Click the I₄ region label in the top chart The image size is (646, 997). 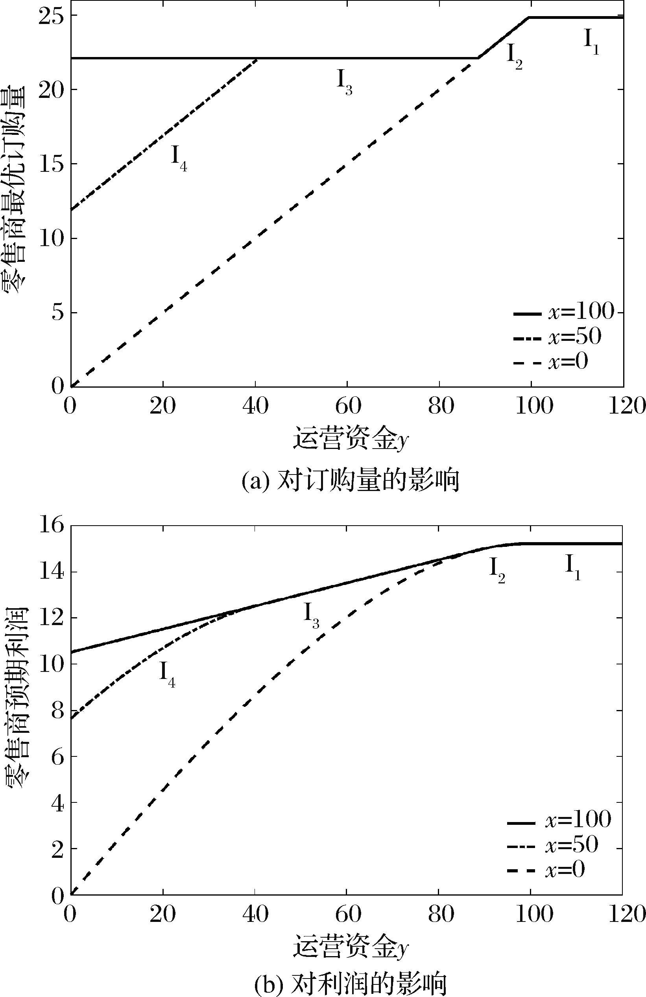click(179, 158)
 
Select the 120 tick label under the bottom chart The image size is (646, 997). click(623, 914)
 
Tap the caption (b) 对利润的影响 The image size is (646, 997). click(351, 983)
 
